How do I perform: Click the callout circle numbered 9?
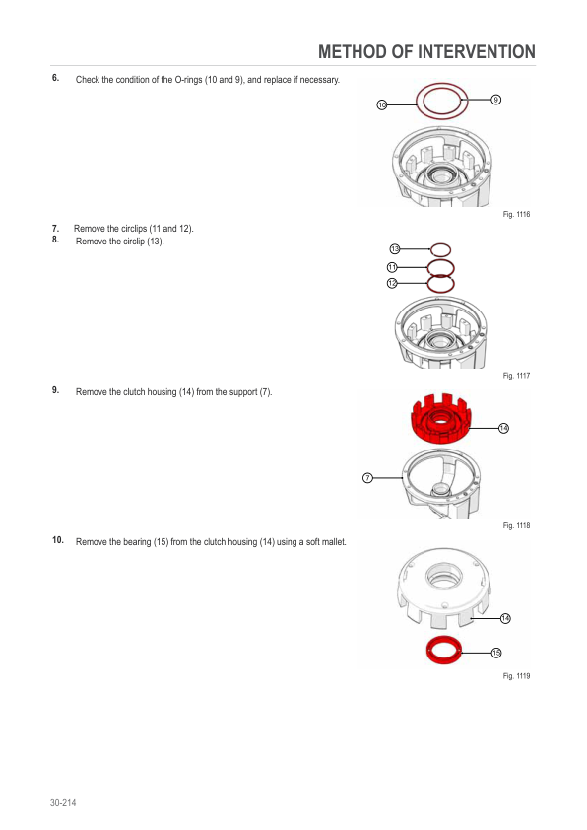[496, 100]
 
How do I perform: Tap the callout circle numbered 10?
[382, 104]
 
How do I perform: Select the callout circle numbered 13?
[395, 248]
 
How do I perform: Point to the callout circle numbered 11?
[392, 267]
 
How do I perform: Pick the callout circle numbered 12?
[392, 283]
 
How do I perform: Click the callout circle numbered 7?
[367, 478]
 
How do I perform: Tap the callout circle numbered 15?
[496, 653]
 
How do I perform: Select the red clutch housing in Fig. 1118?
[440, 418]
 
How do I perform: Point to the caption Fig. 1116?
[516, 214]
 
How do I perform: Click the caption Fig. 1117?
[516, 376]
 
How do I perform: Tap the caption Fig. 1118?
[516, 525]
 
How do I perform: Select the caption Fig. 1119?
[516, 676]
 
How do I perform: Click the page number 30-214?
[63, 803]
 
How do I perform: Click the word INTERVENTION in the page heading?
[477, 52]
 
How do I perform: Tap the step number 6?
[55, 78]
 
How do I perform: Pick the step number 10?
[58, 540]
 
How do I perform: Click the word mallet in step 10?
[333, 542]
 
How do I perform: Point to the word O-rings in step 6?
[188, 80]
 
